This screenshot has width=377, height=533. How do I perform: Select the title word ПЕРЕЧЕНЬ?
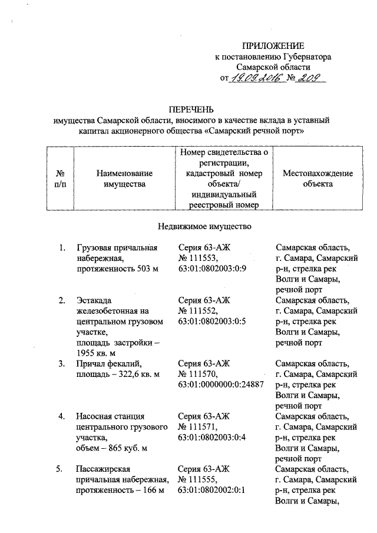(191, 110)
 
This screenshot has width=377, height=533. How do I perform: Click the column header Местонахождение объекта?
(318, 178)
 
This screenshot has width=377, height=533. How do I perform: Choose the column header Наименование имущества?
(124, 178)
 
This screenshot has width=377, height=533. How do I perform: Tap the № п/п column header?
(59, 178)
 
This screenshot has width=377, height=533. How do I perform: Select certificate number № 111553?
(197, 258)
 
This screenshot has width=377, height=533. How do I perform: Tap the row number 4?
(61, 416)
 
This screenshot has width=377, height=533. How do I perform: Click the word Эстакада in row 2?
(94, 300)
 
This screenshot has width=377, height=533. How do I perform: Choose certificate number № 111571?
(197, 427)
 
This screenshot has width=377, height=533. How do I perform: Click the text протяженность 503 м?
(118, 269)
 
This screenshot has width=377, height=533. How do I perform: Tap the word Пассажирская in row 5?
(101, 469)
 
